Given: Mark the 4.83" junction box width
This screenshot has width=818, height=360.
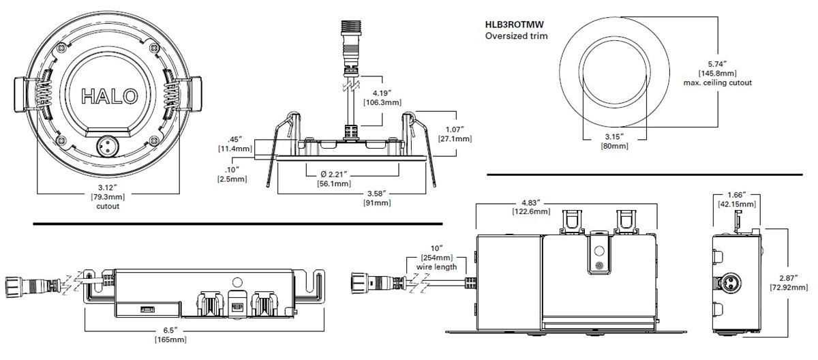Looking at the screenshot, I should [531, 202].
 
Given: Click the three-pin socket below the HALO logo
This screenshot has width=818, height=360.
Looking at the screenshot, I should [108, 147].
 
